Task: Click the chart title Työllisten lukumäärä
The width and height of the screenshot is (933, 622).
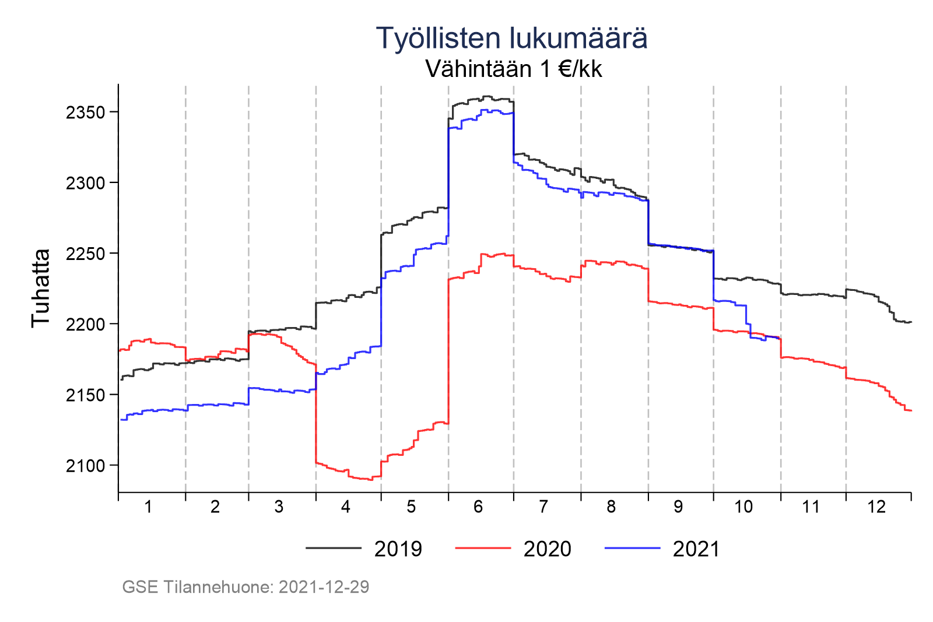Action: (x=511, y=38)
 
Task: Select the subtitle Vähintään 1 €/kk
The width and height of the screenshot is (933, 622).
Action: (x=513, y=69)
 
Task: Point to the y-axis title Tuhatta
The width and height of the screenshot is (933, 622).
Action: (x=41, y=288)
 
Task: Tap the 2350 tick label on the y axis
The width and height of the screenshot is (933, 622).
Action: (x=85, y=113)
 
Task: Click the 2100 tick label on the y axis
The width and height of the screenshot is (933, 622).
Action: (x=85, y=466)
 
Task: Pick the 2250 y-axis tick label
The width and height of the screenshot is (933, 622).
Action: (x=85, y=254)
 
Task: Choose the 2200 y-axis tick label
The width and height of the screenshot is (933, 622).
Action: (x=85, y=325)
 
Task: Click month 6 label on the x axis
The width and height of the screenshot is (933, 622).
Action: (x=478, y=507)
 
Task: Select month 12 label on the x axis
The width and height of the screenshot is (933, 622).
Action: (x=876, y=507)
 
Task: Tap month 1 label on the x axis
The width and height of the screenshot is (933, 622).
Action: (x=148, y=507)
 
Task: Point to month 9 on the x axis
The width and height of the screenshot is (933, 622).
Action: (x=678, y=507)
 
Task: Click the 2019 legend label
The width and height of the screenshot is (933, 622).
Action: (x=398, y=549)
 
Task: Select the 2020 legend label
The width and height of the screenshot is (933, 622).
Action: (x=548, y=549)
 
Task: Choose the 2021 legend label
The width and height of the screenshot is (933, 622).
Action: (x=696, y=549)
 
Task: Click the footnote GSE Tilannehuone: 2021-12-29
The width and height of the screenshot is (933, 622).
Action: (x=245, y=587)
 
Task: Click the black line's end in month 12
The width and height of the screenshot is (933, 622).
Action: (x=910, y=322)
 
